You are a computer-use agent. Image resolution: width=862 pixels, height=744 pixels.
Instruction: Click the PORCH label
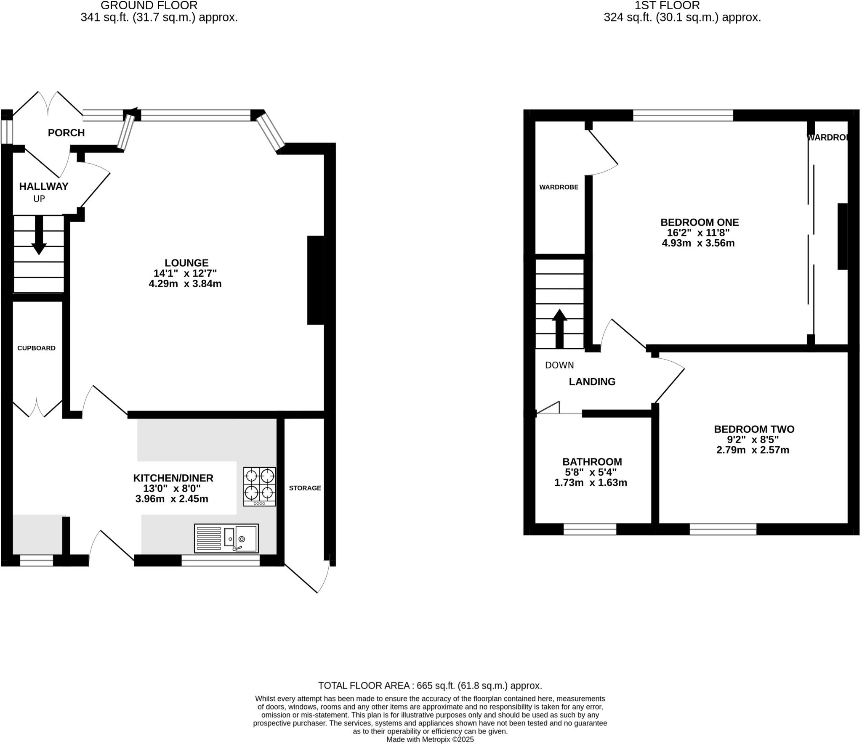[x=66, y=133]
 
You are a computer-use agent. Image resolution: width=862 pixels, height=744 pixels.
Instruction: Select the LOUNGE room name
[x=186, y=263]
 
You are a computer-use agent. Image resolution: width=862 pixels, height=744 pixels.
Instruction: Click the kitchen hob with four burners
[x=260, y=486]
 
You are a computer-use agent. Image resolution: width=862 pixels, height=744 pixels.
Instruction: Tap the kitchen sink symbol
[x=226, y=538]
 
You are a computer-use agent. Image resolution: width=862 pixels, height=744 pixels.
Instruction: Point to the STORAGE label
[x=305, y=488]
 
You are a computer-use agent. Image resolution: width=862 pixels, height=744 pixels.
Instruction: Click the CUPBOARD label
[x=36, y=348]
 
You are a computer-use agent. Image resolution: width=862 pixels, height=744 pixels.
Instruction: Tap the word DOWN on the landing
[x=559, y=365]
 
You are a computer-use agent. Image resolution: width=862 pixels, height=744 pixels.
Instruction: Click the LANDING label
[x=592, y=381]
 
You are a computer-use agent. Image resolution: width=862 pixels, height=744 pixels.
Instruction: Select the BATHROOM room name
[x=592, y=462]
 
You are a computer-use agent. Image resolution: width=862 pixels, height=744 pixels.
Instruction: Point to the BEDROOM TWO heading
[x=754, y=429]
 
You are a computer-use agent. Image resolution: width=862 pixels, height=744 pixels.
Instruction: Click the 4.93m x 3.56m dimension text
[x=698, y=243]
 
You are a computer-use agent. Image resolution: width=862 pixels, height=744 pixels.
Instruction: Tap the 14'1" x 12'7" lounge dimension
[x=185, y=273]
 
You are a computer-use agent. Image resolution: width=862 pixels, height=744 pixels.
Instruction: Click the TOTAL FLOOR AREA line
[x=430, y=686]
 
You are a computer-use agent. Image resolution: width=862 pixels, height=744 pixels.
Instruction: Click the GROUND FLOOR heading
[x=149, y=6]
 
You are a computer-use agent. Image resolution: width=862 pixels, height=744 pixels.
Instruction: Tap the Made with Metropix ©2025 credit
[x=430, y=739]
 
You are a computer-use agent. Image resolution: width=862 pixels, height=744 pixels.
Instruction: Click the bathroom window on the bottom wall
[x=590, y=529]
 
